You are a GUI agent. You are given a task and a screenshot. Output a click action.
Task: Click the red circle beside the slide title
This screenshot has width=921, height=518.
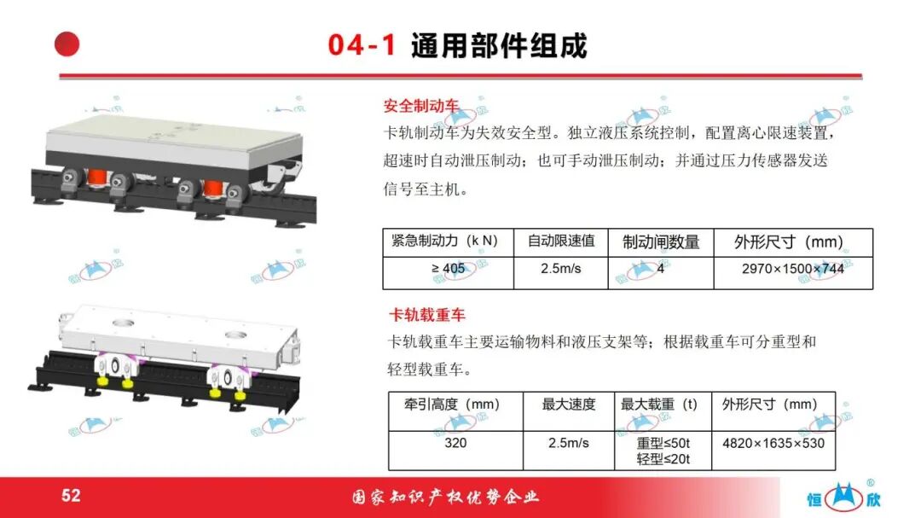click(67, 44)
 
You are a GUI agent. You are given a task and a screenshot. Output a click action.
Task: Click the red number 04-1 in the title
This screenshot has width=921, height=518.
click(362, 45)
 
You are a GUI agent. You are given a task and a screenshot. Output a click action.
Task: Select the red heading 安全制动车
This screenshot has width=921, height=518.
click(421, 106)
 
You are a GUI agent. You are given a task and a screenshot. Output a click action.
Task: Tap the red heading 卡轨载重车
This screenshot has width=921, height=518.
click(427, 315)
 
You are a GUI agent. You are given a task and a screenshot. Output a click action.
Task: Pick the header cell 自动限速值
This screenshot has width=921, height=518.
click(561, 242)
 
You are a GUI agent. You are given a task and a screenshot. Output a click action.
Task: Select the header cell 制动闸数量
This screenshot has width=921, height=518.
click(661, 242)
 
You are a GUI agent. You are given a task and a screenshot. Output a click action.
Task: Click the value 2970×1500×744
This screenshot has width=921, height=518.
click(793, 270)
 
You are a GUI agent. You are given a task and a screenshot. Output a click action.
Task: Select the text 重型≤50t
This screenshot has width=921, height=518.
click(663, 443)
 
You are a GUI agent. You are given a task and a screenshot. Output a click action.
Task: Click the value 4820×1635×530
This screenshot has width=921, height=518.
click(773, 443)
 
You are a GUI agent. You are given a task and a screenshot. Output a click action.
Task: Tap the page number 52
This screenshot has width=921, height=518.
click(71, 496)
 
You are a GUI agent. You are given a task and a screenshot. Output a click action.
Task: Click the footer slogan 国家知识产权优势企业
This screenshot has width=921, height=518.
click(446, 498)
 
